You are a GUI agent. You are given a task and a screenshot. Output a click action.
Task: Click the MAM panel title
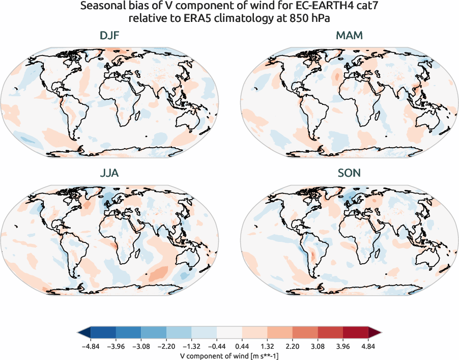(x=349, y=36)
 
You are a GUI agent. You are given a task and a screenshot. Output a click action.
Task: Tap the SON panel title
(x=349, y=173)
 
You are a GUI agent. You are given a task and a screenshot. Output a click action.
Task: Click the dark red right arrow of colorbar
(x=375, y=333)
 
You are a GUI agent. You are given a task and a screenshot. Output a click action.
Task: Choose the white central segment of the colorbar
(x=229, y=333)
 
